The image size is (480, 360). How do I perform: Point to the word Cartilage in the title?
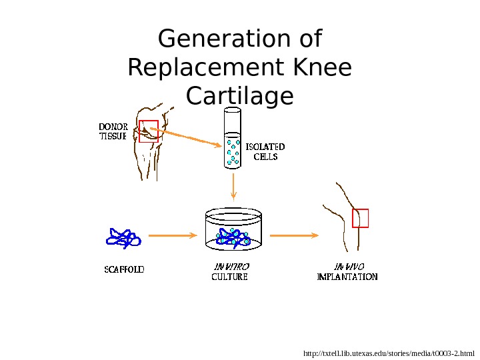[239, 97]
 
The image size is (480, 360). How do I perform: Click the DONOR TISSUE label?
[113, 131]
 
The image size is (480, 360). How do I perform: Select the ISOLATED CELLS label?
[265, 151]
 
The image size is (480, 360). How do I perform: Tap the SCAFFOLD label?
[124, 270]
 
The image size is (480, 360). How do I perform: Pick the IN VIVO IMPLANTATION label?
[347, 271]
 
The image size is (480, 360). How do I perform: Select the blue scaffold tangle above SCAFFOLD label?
[123, 238]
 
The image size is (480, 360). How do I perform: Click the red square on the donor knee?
[149, 131]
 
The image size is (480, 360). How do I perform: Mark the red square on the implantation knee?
[360, 218]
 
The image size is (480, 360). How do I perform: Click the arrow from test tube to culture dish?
[233, 186]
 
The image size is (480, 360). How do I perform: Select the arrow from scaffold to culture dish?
[172, 235]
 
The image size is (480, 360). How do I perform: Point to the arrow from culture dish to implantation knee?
[293, 235]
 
